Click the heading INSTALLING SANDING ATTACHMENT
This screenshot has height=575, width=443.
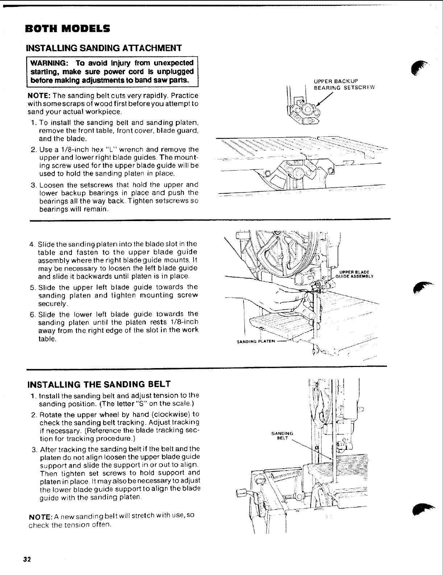pyautogui.click(x=103, y=48)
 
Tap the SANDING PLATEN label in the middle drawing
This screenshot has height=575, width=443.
pyautogui.click(x=256, y=342)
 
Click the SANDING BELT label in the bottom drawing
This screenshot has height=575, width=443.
pyautogui.click(x=282, y=435)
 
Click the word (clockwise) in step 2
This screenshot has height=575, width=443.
pyautogui.click(x=171, y=415)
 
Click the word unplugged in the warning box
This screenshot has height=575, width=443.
pyautogui.click(x=175, y=71)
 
